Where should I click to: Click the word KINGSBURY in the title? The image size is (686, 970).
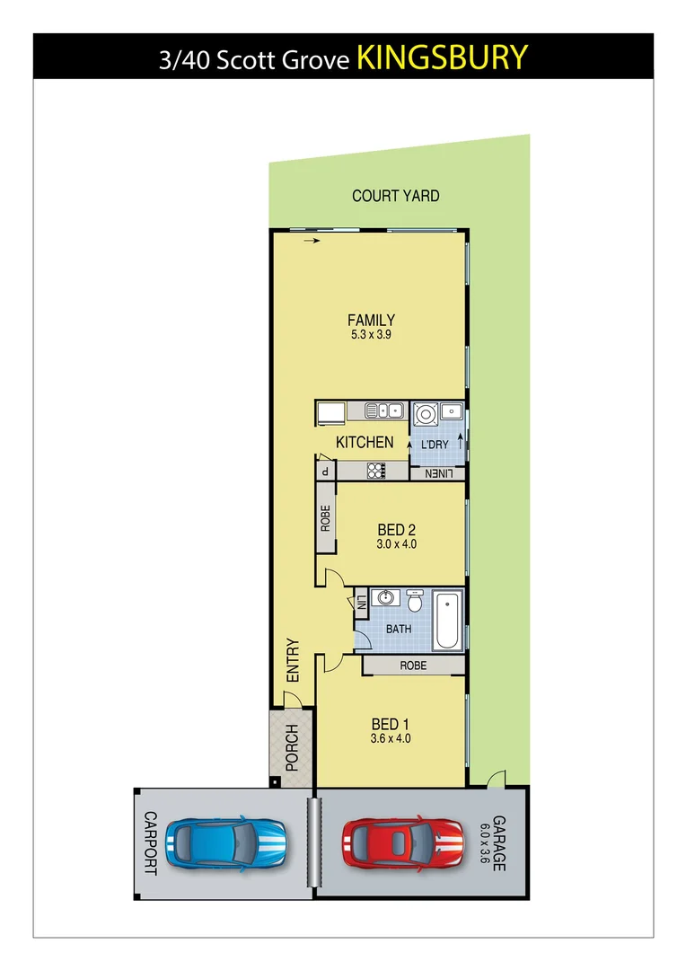click(442, 57)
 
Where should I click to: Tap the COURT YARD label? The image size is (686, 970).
click(395, 196)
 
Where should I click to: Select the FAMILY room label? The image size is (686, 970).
click(371, 320)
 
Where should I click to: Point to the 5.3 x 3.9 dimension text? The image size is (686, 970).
click(371, 335)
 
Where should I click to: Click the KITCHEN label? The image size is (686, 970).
click(364, 442)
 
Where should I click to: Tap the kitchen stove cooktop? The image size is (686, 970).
click(375, 471)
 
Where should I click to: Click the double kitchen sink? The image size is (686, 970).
click(388, 411)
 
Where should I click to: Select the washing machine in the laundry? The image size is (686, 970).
click(425, 414)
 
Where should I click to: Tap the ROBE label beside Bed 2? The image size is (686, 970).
click(325, 518)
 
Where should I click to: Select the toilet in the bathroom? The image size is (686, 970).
click(414, 599)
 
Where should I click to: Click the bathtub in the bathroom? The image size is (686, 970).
click(447, 620)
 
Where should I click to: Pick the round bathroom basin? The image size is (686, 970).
click(388, 598)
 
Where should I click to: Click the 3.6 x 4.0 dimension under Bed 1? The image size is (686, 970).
click(391, 739)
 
